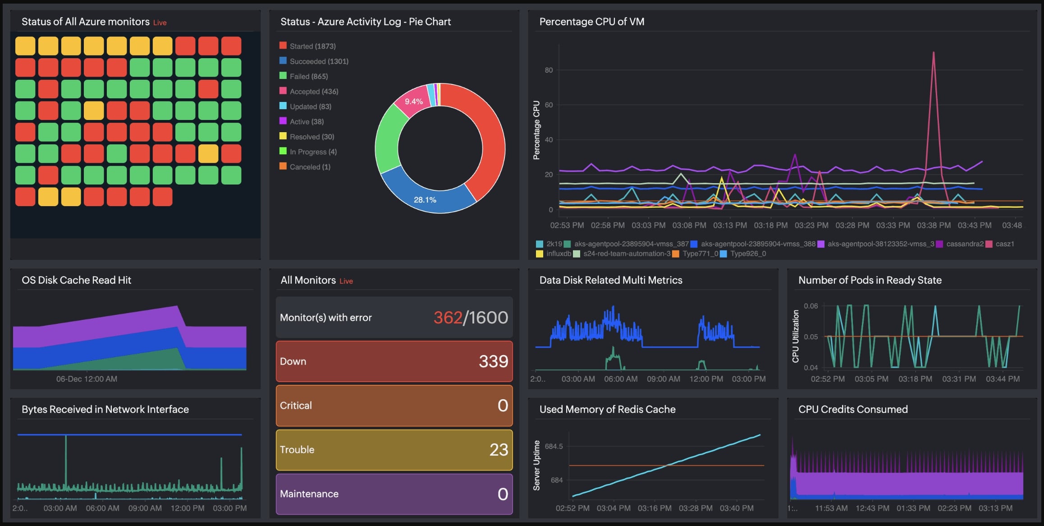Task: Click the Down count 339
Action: click(493, 361)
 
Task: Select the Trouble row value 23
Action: click(499, 450)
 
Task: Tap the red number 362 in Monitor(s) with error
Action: click(448, 318)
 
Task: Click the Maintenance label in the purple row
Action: click(309, 494)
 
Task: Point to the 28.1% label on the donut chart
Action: click(425, 200)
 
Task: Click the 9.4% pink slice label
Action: click(413, 102)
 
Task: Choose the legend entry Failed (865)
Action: click(308, 76)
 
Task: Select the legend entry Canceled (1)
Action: click(310, 167)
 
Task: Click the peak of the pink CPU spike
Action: click(933, 53)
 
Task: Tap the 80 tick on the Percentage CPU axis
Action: click(549, 70)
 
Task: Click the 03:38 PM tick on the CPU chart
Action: click(934, 225)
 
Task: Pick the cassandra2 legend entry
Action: click(964, 244)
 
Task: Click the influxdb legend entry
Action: click(558, 254)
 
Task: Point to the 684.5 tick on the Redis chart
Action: click(554, 447)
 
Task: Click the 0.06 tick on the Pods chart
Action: click(810, 306)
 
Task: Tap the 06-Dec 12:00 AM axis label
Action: click(87, 379)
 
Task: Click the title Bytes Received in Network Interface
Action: click(105, 409)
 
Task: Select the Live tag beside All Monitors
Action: click(346, 281)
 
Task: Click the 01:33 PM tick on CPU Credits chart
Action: click(913, 508)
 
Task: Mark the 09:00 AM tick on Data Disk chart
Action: click(663, 379)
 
